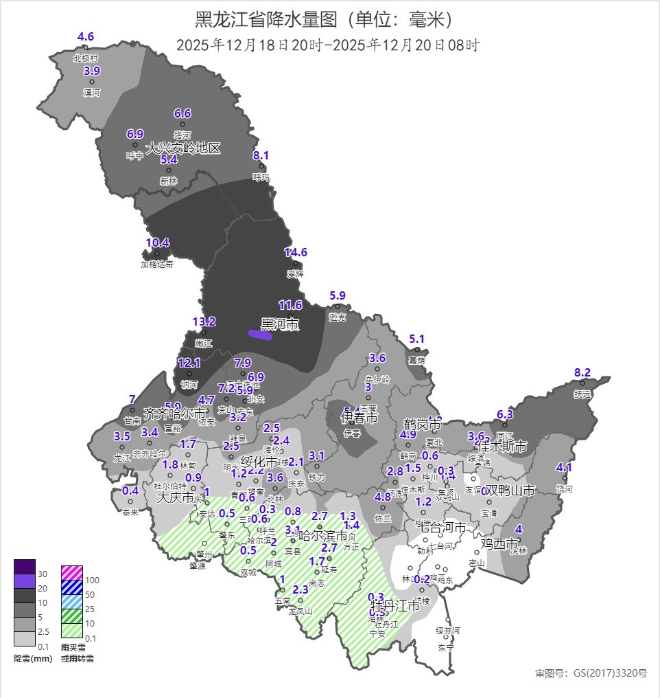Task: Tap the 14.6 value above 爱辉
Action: tap(296, 252)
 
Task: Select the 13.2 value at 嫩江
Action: tap(204, 322)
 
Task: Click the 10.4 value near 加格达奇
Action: tap(157, 243)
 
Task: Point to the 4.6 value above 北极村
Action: tap(86, 36)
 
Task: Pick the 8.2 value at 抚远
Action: tap(582, 372)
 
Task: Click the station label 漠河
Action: tap(92, 92)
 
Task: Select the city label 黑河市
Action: tap(280, 324)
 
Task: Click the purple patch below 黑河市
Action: tap(260, 335)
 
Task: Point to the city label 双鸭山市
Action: tap(508, 491)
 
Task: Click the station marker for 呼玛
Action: tap(261, 166)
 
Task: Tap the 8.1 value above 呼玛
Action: tap(261, 155)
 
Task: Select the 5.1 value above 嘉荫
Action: tap(417, 339)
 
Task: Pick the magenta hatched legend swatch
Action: tap(71, 572)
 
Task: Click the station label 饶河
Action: tap(564, 489)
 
